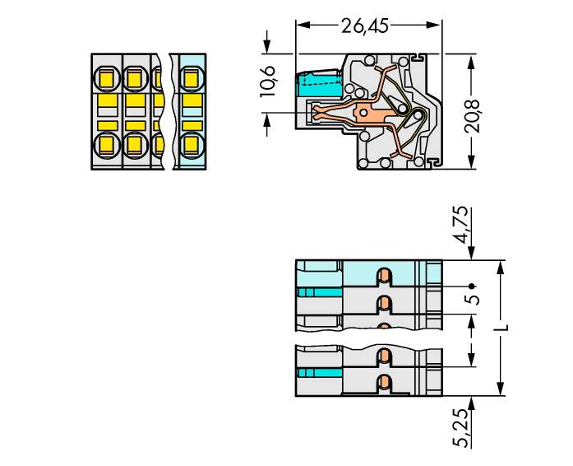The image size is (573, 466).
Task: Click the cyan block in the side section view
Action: pyautogui.click(x=321, y=83)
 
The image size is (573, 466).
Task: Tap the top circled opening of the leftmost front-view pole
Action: pyautogui.click(x=106, y=79)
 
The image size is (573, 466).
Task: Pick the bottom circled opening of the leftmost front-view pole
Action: pyautogui.click(x=106, y=146)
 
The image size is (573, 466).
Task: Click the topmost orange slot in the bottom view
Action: pyautogui.click(x=382, y=275)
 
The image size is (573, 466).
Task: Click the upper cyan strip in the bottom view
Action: pyautogui.click(x=319, y=292)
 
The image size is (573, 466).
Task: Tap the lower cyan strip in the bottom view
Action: pyautogui.click(x=319, y=373)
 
